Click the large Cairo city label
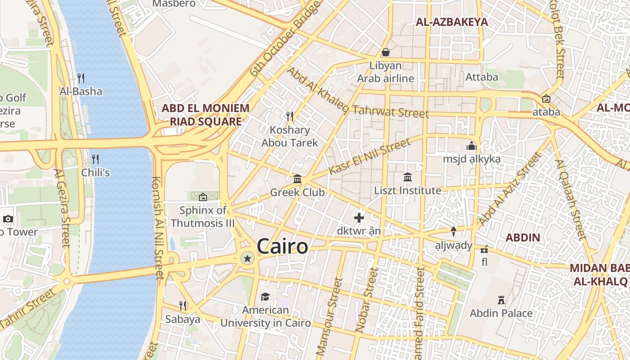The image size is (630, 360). (x=282, y=247)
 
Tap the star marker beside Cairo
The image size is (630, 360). (x=247, y=258)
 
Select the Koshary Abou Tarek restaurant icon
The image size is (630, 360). (x=290, y=117)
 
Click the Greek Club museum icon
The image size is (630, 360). (x=297, y=179)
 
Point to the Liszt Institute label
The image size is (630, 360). (x=408, y=191)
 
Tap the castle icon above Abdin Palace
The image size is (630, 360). (x=501, y=300)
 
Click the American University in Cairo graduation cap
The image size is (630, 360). (x=265, y=297)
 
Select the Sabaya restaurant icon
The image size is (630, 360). (x=183, y=306)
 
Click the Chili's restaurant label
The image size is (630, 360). (x=95, y=172)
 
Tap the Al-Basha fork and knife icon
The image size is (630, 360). (x=81, y=78)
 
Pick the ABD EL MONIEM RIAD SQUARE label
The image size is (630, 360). (x=205, y=115)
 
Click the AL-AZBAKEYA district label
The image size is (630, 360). (x=452, y=22)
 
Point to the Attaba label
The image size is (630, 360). (x=482, y=77)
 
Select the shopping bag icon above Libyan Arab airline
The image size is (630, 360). (x=385, y=52)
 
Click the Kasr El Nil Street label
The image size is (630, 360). (x=369, y=156)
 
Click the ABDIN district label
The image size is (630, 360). (x=522, y=238)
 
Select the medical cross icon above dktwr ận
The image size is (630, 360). (x=359, y=218)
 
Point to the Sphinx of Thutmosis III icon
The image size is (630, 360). (x=203, y=197)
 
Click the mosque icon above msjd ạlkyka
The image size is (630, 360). (x=472, y=146)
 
